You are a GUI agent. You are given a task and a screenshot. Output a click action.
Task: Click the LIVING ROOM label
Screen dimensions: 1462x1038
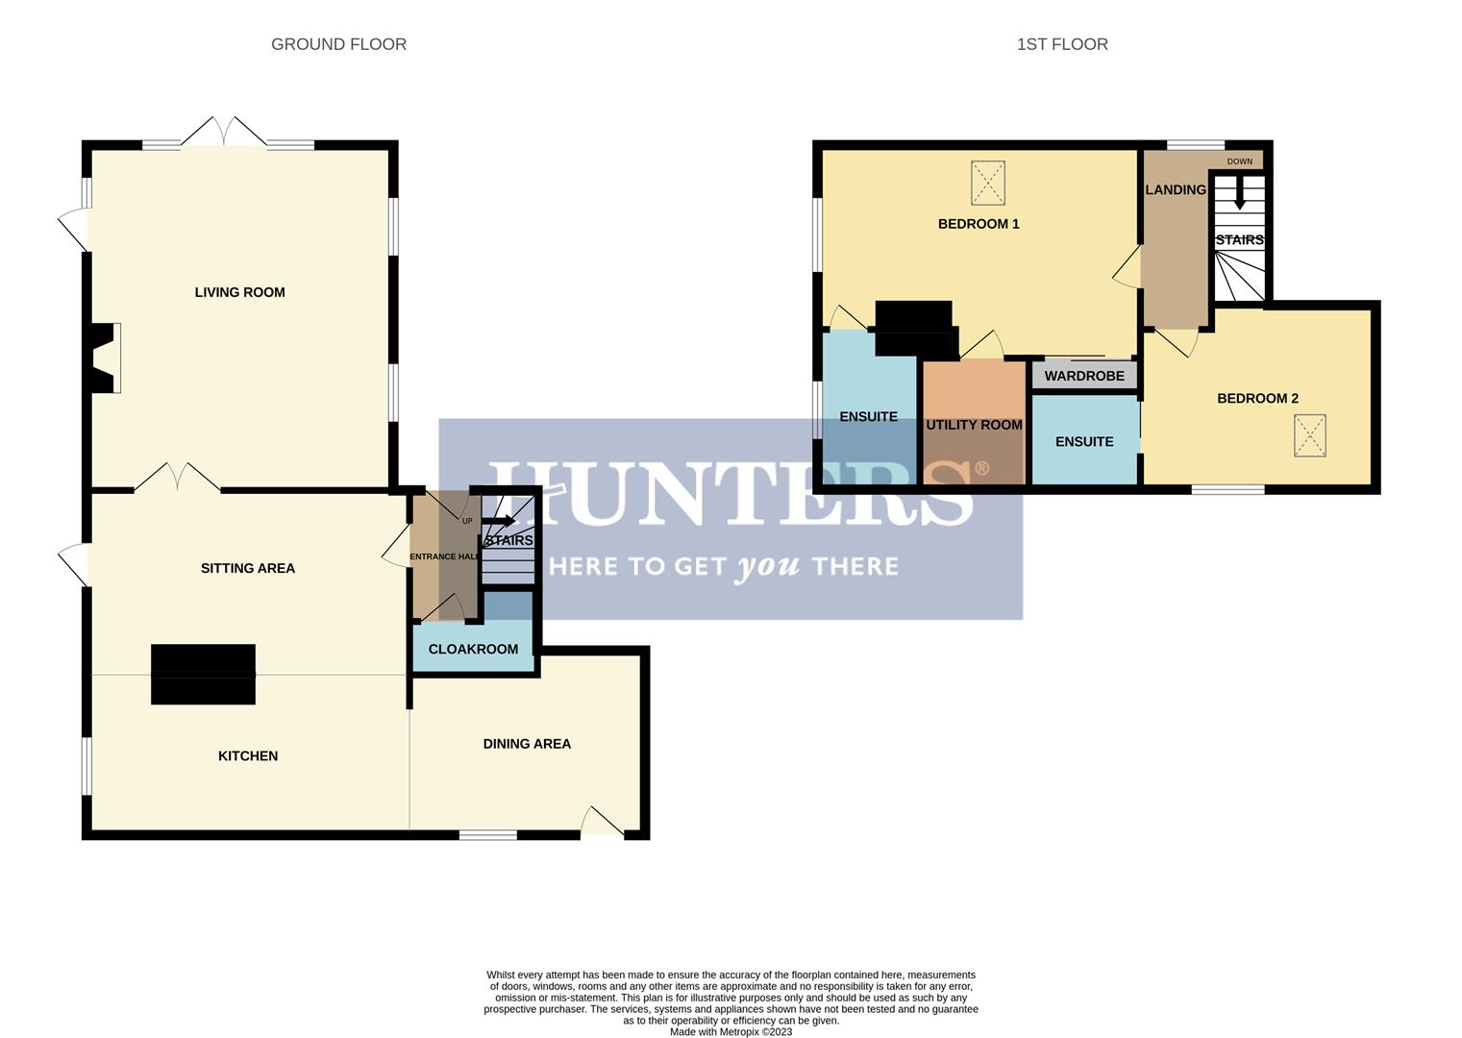click(x=239, y=292)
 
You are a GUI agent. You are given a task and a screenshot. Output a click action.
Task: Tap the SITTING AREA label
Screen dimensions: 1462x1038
click(x=247, y=568)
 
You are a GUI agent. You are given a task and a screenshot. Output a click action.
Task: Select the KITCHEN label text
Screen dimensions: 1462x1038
click(x=247, y=755)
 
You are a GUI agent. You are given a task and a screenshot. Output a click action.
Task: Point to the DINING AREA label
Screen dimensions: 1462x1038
click(x=527, y=744)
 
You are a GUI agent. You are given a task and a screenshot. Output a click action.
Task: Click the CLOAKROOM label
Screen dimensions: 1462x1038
click(x=473, y=649)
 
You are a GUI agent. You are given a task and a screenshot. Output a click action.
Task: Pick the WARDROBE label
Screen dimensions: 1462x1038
click(x=1084, y=376)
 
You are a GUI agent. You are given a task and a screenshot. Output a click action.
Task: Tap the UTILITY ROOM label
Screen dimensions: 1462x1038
click(x=974, y=425)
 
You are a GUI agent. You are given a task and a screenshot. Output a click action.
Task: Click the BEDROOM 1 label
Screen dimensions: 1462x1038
click(x=979, y=224)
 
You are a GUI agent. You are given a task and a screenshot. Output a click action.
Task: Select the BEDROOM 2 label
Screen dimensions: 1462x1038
click(x=1257, y=398)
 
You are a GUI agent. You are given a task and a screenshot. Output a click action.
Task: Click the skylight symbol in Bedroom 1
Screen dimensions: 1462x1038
click(x=989, y=183)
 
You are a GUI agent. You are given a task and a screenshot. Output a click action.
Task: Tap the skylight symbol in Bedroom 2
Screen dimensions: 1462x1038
click(x=1310, y=435)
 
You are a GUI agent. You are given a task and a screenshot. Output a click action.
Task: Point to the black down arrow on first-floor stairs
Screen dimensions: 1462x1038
click(x=1239, y=194)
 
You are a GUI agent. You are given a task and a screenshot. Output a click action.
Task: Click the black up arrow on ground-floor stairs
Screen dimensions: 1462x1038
click(x=499, y=521)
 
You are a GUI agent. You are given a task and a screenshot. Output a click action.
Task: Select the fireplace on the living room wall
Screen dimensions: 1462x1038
click(x=103, y=358)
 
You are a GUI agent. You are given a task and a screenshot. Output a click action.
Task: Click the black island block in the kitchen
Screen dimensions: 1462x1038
click(x=203, y=674)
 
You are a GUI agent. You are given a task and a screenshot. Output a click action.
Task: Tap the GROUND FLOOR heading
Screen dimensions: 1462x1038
click(x=338, y=44)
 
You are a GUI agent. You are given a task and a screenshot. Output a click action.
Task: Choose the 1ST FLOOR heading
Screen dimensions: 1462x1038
click(x=1062, y=44)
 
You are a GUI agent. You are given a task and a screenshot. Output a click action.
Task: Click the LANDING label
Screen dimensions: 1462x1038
click(x=1176, y=190)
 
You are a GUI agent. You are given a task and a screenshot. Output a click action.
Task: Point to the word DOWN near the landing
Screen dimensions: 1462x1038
click(x=1239, y=161)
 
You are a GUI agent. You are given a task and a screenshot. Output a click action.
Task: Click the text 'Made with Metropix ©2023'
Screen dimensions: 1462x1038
click(x=731, y=1031)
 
